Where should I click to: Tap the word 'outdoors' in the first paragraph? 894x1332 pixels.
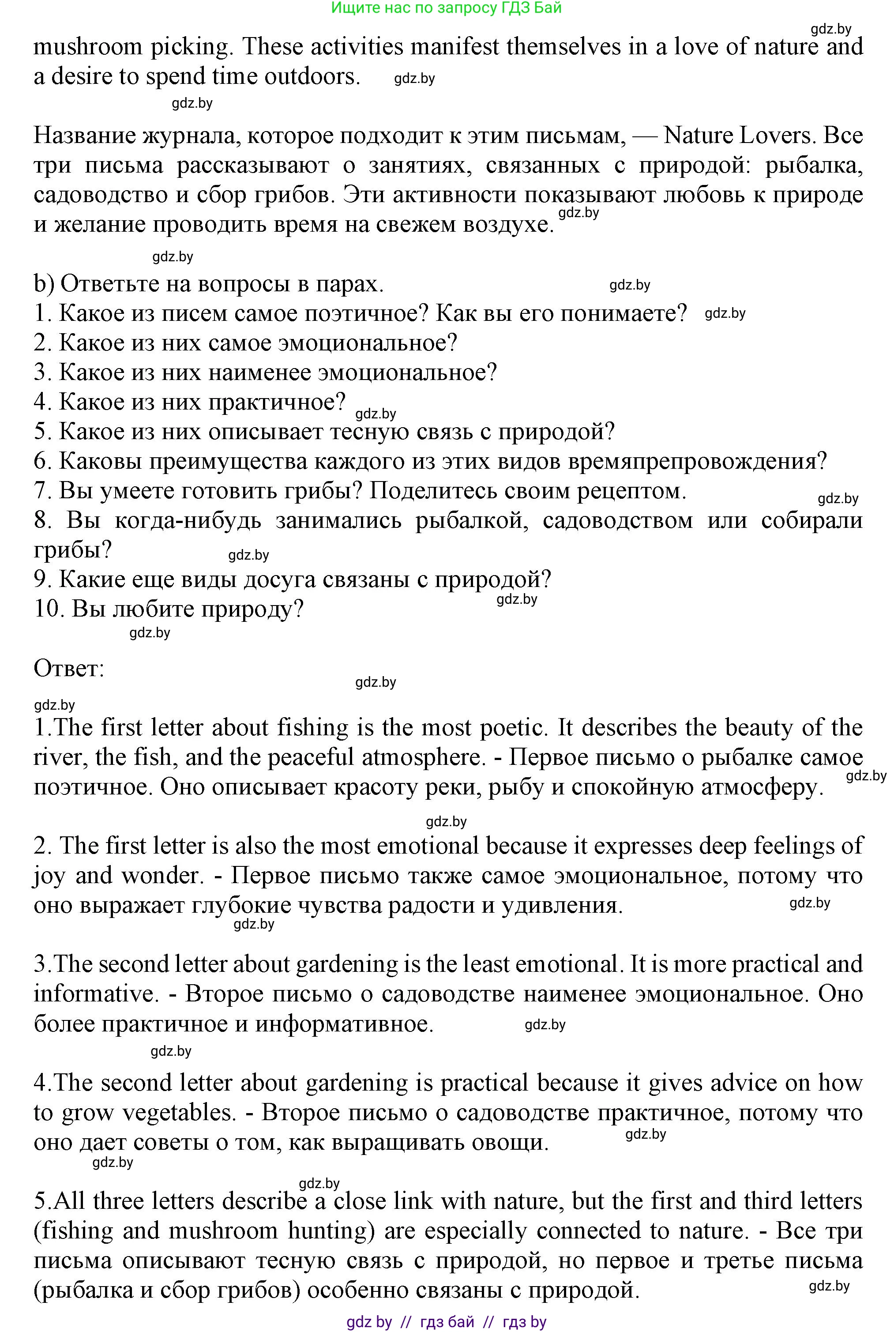pyautogui.click(x=311, y=76)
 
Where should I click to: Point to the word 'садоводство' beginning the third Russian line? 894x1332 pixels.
pyautogui.click(x=100, y=195)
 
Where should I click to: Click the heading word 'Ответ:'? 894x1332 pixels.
pyautogui.click(x=69, y=668)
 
